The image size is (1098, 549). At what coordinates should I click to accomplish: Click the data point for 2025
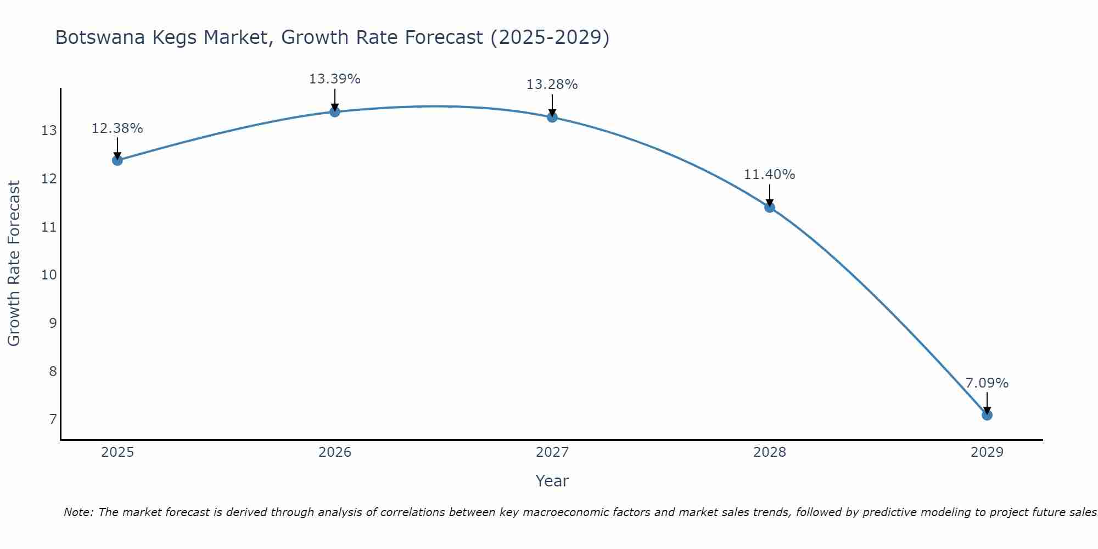(x=117, y=160)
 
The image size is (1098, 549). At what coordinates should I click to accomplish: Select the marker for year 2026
(x=335, y=112)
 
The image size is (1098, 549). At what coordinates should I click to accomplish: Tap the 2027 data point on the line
(x=552, y=117)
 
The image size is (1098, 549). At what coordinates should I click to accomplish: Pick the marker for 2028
(x=770, y=207)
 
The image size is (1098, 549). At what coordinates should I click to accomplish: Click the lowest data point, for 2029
(x=987, y=415)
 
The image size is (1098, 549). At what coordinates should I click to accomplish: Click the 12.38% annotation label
(x=117, y=128)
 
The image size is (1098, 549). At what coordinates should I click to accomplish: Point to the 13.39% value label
(x=334, y=79)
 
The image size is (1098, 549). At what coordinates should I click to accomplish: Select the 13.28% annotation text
(x=552, y=85)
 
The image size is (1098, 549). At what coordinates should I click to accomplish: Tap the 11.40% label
(x=769, y=175)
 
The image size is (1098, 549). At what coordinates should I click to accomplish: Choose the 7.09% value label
(x=987, y=383)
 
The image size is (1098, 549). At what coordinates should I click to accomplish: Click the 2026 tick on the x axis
(x=335, y=452)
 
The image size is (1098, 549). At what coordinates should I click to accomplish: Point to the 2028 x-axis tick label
(x=770, y=452)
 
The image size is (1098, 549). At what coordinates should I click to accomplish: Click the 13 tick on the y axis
(x=49, y=131)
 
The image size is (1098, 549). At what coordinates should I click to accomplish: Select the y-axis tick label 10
(x=49, y=275)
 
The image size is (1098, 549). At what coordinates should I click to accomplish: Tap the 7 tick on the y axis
(x=53, y=419)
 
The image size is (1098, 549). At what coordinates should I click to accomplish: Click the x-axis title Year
(x=552, y=481)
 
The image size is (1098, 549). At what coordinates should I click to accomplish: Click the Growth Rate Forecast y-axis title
(x=14, y=264)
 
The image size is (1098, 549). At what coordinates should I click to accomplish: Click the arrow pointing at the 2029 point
(x=987, y=402)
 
